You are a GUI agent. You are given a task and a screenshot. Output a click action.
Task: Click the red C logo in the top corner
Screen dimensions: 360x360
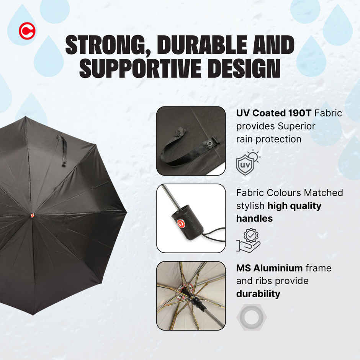click(27, 31)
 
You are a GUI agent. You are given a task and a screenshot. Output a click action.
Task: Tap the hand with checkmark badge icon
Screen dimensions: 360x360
click(248, 240)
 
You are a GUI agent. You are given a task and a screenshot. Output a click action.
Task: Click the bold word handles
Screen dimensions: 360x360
click(254, 218)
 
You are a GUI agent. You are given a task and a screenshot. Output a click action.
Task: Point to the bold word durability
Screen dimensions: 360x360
click(258, 294)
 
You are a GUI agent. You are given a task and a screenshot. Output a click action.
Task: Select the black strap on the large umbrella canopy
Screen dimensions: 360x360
click(62, 150)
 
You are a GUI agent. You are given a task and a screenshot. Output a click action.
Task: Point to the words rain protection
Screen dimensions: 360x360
click(268, 139)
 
